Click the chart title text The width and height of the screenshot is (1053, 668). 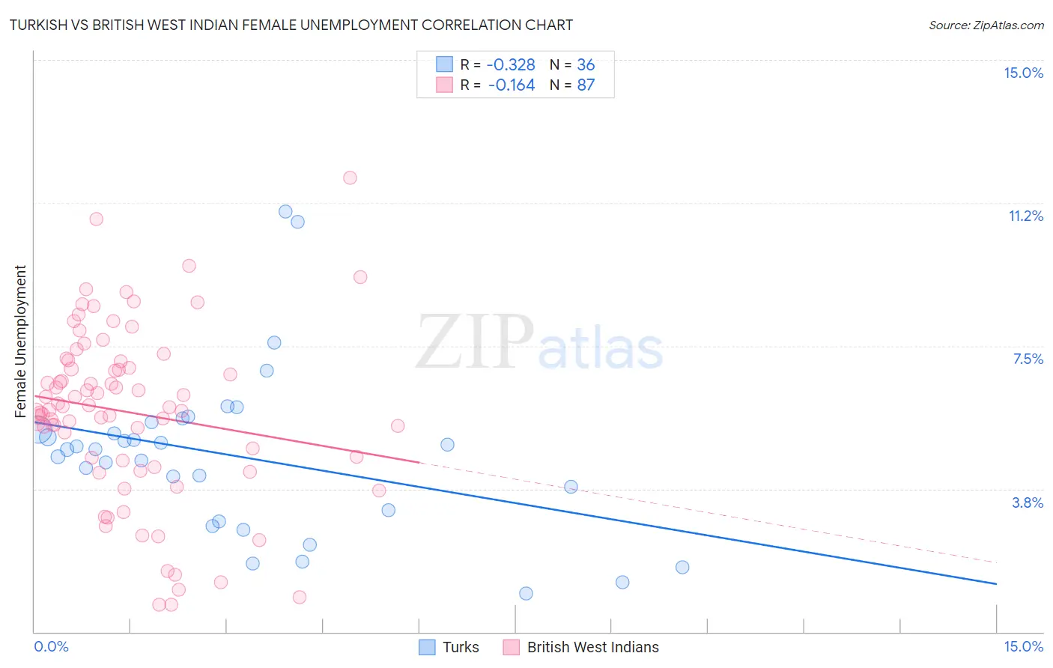(291, 25)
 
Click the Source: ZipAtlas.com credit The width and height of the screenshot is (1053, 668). (986, 25)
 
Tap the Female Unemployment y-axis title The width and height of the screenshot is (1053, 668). (20, 341)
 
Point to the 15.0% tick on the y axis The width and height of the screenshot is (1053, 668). (1023, 73)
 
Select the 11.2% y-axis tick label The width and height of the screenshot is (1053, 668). (1025, 216)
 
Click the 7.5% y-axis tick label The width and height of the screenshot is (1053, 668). (1028, 359)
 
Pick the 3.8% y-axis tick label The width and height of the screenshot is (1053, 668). (1028, 502)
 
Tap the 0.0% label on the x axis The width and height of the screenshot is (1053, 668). (51, 646)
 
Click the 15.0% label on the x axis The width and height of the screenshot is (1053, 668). (1023, 646)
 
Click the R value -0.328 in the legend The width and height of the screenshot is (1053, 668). (512, 64)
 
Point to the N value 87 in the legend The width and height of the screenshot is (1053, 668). (586, 85)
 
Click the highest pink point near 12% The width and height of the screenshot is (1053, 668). (350, 177)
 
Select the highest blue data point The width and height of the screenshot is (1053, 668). (285, 211)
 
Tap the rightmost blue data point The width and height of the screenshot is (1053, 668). (682, 567)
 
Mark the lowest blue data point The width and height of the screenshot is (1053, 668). (526, 593)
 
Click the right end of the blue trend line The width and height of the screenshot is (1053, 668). (995, 583)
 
